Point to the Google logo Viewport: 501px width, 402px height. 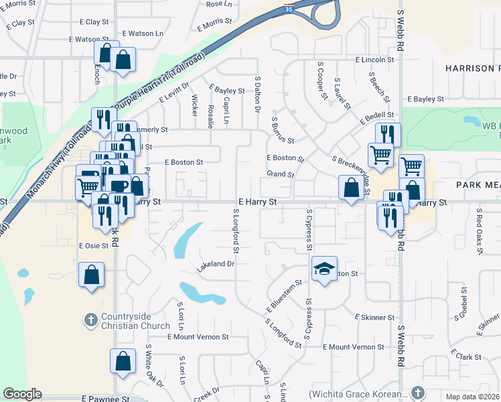22,394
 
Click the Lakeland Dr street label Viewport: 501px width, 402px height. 215,265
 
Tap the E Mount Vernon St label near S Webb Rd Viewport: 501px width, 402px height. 353,347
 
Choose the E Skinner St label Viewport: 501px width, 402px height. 374,317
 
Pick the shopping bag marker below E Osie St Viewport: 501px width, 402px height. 91,275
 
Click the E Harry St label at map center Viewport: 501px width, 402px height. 257,201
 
